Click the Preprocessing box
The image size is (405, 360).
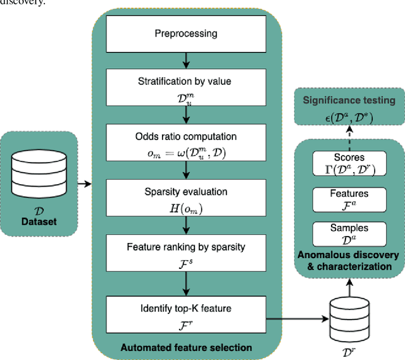click(185, 34)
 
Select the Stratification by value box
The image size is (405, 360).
click(185, 88)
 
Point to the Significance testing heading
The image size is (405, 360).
click(348, 100)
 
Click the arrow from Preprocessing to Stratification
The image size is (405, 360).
click(185, 61)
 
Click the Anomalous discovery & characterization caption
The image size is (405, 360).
click(349, 260)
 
